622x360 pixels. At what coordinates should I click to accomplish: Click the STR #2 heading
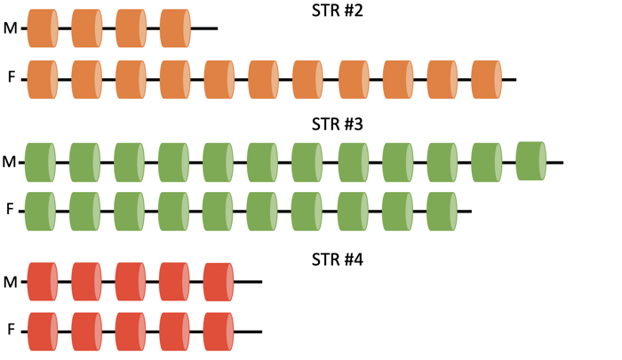click(x=337, y=12)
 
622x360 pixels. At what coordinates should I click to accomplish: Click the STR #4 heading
click(x=337, y=260)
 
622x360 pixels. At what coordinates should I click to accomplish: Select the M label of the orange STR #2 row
click(x=11, y=28)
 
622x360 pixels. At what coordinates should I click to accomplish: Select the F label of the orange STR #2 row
click(x=12, y=78)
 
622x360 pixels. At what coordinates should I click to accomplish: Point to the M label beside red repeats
click(x=11, y=282)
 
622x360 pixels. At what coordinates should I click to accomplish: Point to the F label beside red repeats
click(x=12, y=330)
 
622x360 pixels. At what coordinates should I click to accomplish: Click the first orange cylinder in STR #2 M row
click(x=43, y=28)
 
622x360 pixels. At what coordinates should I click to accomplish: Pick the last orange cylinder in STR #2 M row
click(x=175, y=28)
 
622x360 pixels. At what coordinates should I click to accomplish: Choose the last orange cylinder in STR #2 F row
click(x=486, y=78)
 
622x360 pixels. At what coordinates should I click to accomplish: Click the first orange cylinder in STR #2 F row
click(x=43, y=78)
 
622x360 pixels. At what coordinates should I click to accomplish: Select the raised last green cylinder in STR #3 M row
click(x=530, y=160)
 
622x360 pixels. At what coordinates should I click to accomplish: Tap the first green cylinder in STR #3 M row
click(x=41, y=163)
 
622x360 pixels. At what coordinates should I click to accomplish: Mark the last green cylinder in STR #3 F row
click(x=442, y=211)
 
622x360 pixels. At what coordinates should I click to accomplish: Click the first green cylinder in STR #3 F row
click(x=41, y=211)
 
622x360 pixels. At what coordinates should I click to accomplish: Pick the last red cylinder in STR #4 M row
click(x=219, y=282)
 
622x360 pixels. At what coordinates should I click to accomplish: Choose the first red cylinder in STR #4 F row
click(x=43, y=331)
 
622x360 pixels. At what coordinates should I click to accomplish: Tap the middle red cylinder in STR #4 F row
click(x=131, y=331)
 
